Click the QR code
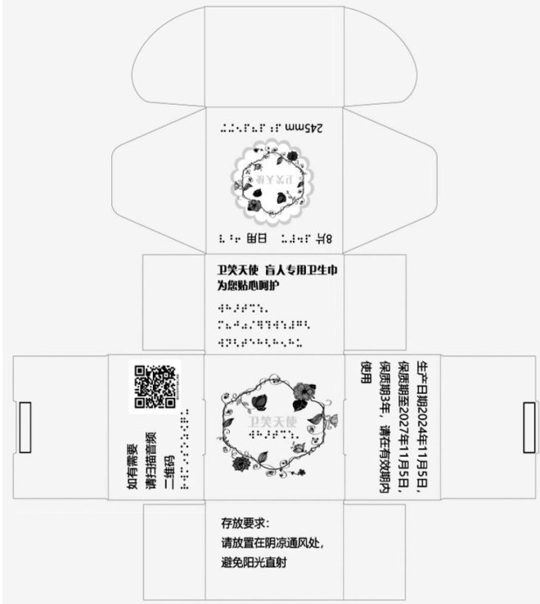coord(155,385)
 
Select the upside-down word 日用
coord(257,239)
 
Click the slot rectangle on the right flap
coord(528,426)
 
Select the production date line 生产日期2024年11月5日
coord(423,426)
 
